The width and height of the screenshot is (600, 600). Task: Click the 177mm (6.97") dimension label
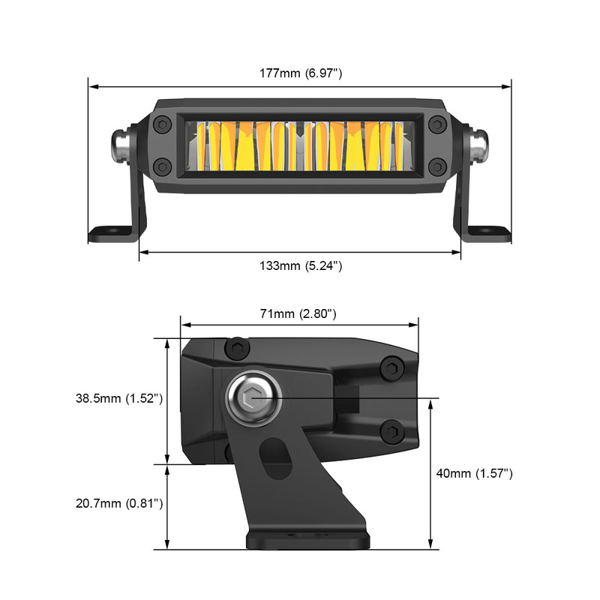tap(299, 73)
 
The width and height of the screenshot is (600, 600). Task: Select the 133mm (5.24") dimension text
tap(299, 265)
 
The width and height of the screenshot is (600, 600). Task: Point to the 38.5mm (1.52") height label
tap(119, 398)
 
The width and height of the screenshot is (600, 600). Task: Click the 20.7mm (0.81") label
tap(119, 503)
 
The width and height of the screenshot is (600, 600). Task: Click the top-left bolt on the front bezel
tap(163, 124)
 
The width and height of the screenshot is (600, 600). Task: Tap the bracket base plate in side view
tap(307, 539)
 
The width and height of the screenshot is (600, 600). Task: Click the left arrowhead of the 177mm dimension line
tap(91, 87)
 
